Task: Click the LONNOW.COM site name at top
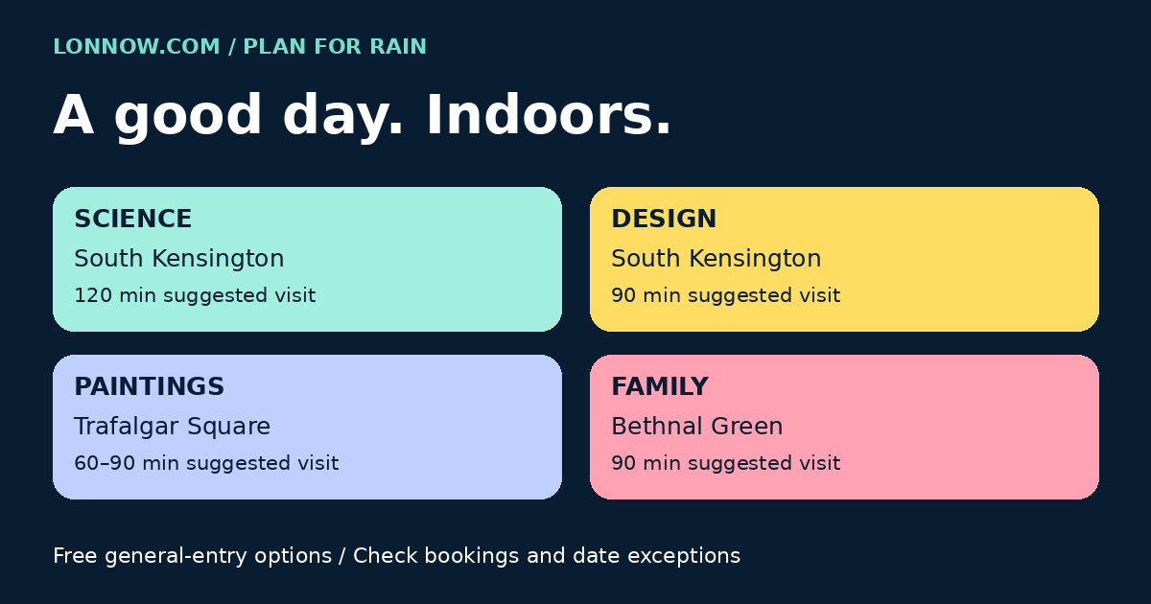[136, 46]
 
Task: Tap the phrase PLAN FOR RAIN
[335, 46]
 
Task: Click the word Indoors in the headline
[549, 115]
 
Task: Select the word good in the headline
[188, 118]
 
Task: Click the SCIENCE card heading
[133, 219]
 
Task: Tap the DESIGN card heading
[664, 219]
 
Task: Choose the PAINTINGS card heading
[149, 386]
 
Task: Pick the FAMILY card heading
[660, 386]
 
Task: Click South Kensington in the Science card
[178, 258]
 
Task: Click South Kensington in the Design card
[716, 258]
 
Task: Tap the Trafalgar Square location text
[172, 427]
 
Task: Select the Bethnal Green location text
[696, 427]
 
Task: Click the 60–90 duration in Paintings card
[105, 463]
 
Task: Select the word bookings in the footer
[472, 557]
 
